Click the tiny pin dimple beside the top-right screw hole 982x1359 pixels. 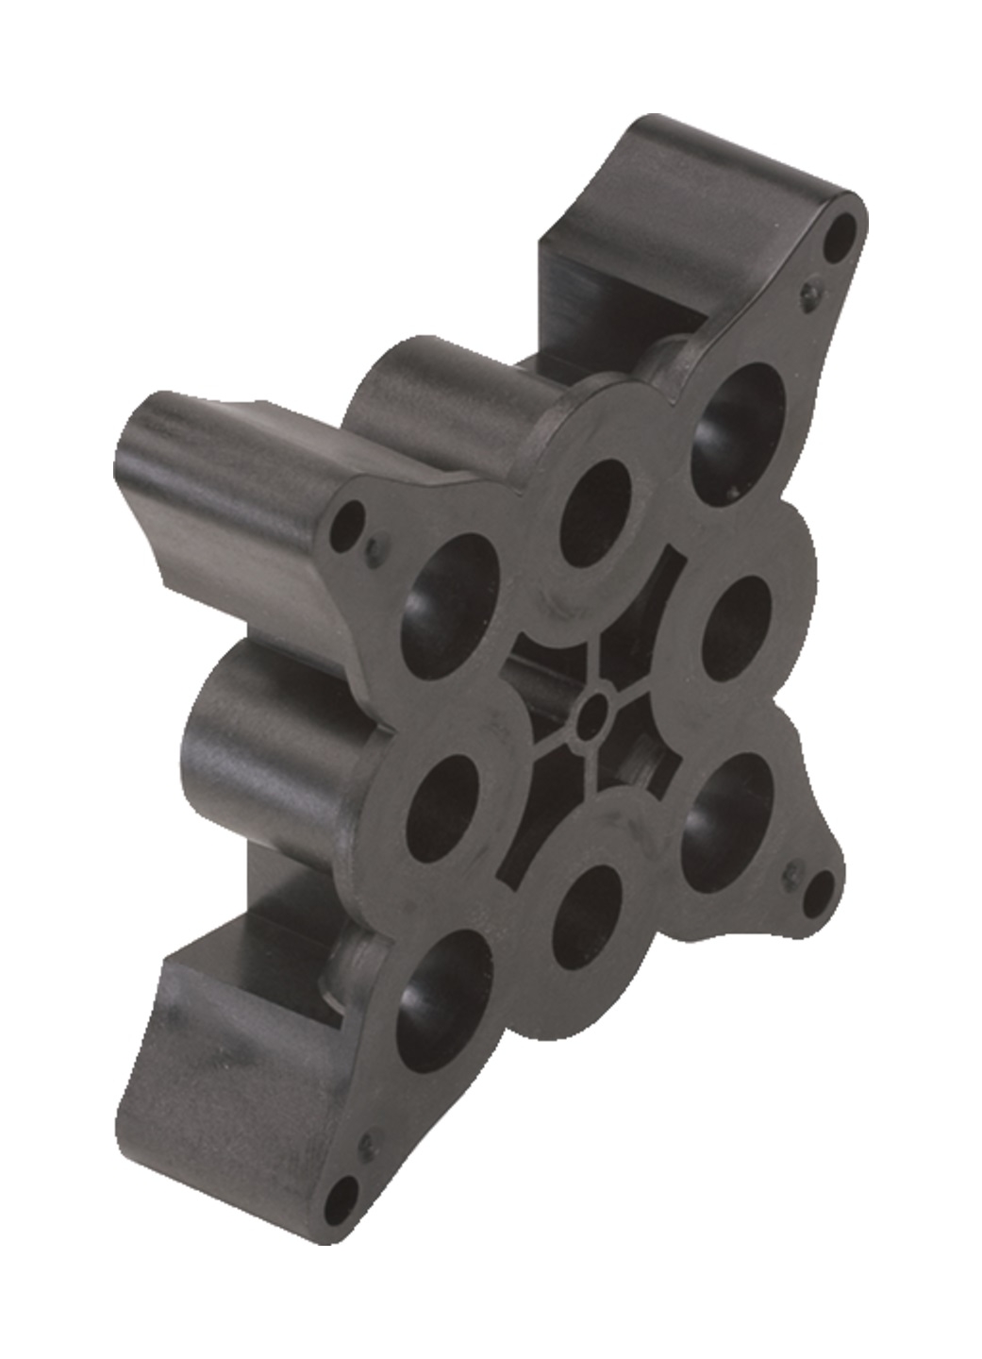[x=810, y=293]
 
